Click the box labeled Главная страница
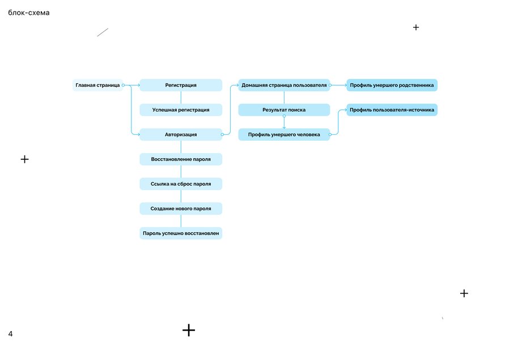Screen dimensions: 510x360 coord(97,85)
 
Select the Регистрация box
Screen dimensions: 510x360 coord(181,85)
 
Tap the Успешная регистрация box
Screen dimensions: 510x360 coord(181,110)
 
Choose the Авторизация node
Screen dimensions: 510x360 coord(181,134)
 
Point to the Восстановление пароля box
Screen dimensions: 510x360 coord(181,159)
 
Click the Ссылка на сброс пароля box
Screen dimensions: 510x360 coord(181,184)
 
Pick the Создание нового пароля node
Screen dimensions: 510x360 coord(181,209)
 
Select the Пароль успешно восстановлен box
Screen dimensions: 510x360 coord(181,234)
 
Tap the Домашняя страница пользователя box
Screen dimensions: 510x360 coord(284,85)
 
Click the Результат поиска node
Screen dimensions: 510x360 coord(284,110)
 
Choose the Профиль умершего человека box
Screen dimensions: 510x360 coord(284,134)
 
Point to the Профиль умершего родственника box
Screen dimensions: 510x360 coord(392,85)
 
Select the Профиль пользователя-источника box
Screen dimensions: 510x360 coord(392,110)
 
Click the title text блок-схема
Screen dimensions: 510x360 coord(29,12)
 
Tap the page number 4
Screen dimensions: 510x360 coord(10,333)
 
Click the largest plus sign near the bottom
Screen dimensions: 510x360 coord(189,330)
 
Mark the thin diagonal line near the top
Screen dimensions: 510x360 coord(103,32)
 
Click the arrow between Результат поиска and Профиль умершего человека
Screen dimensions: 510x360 coord(284,122)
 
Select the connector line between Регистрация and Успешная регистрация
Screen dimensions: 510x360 coord(181,98)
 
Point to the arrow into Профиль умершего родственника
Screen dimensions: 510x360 coord(338,85)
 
